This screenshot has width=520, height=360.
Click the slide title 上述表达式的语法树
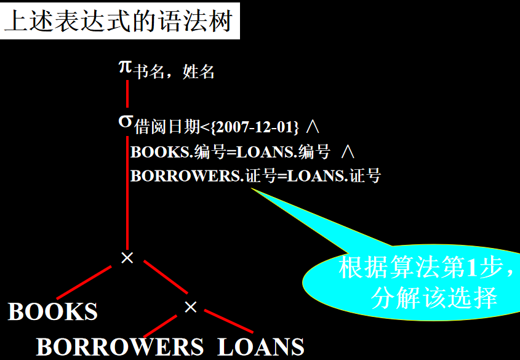click(x=119, y=22)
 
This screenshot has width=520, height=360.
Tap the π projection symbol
click(x=125, y=66)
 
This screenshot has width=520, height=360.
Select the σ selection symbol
click(x=125, y=121)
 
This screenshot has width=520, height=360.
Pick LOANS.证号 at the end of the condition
click(x=334, y=177)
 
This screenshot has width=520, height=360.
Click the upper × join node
click(x=127, y=258)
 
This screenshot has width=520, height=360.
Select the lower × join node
click(x=191, y=306)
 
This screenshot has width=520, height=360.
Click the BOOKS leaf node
click(x=53, y=311)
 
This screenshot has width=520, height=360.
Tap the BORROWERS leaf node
click(x=120, y=347)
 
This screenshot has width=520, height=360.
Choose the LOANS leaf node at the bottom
click(x=261, y=347)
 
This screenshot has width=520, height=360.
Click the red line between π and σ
click(x=127, y=92)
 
